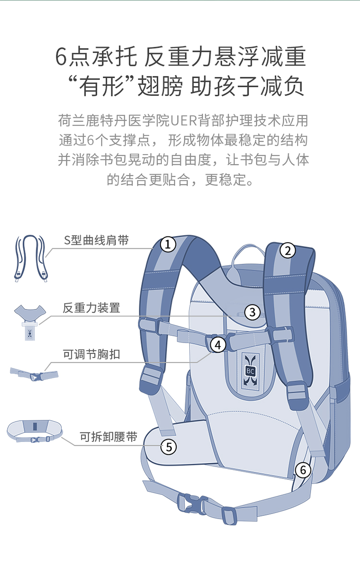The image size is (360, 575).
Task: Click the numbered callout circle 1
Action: coord(168,244)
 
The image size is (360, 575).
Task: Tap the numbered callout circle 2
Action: coord(288,250)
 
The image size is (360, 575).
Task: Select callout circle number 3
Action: coord(252,312)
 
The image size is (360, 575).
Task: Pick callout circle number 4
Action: coord(218,345)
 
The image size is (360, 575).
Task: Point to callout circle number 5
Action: coord(168,447)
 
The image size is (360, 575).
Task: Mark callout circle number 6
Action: coord(303,470)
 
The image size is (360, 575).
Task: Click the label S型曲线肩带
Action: coord(96,241)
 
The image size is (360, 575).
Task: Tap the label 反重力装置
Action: coord(91,307)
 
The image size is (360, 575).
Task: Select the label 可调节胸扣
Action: coord(91,354)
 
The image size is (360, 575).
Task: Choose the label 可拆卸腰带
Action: coord(108,437)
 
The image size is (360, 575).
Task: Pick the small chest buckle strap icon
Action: coord(34,374)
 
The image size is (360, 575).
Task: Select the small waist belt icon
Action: coord(35,431)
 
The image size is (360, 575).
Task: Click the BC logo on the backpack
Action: coord(251,371)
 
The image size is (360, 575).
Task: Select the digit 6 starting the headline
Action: coord(61,57)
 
